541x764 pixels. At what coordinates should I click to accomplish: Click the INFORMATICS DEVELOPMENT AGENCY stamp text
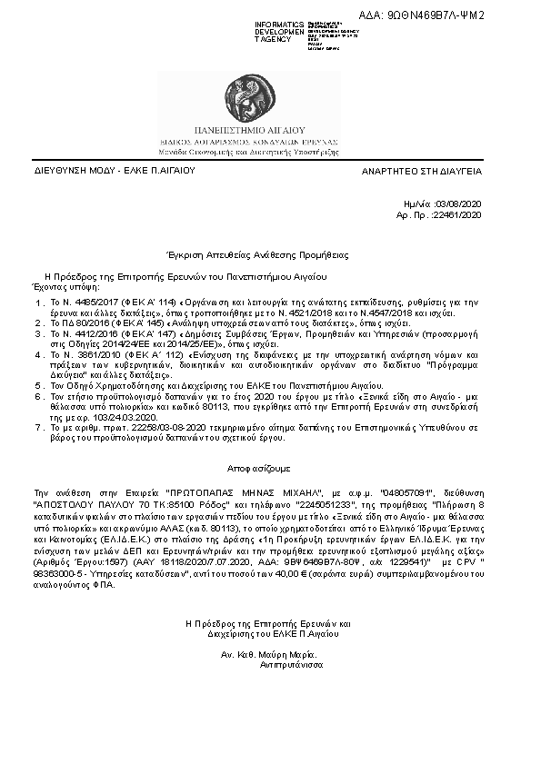279,32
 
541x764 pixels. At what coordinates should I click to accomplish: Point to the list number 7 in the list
38,427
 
